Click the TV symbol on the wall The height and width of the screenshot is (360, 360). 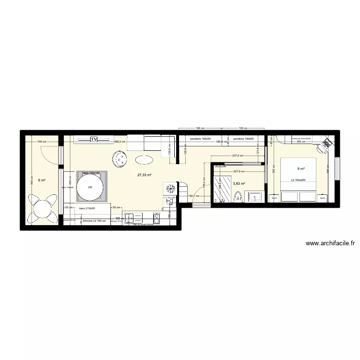[94, 140]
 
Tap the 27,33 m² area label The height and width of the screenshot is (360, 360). [144, 175]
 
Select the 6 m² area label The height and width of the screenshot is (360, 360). [42, 180]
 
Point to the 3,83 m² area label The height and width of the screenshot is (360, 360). [239, 183]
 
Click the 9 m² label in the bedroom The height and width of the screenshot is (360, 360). [300, 168]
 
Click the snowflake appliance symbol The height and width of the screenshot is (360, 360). [169, 188]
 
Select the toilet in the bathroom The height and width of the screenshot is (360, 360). [237, 196]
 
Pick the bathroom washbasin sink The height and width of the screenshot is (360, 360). [254, 196]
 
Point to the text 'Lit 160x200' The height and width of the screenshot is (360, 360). [299, 180]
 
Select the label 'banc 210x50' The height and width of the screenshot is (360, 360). [87, 208]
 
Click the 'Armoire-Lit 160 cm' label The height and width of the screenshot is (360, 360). [94, 221]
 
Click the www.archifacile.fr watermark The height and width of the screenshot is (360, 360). [330, 244]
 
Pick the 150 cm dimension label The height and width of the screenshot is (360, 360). [42, 142]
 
